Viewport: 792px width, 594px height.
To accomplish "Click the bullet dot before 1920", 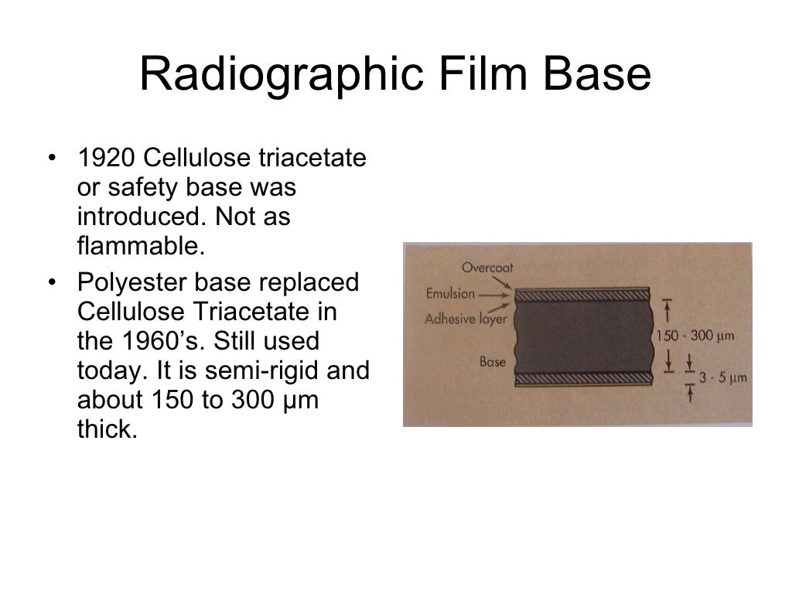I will point(52,159).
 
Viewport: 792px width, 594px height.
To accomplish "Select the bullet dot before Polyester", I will point(52,284).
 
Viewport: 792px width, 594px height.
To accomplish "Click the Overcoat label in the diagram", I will point(487,268).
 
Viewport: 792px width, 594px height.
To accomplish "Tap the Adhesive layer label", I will point(461,318).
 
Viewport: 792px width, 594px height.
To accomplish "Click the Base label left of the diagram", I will point(492,361).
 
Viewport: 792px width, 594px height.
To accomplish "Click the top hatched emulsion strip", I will point(583,295).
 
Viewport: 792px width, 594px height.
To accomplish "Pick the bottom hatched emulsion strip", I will point(583,378).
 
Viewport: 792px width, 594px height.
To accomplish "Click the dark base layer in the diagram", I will point(583,336).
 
